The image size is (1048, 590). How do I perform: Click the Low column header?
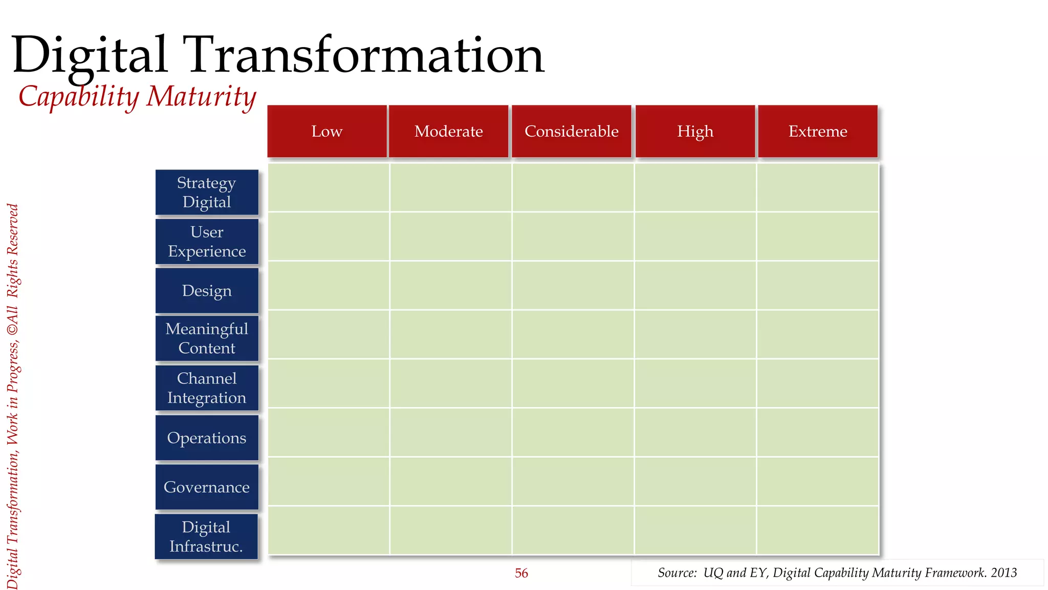pos(327,131)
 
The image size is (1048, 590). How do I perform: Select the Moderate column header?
pos(449,131)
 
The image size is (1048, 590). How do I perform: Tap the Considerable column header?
pos(572,131)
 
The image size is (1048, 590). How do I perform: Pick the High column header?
pos(695,131)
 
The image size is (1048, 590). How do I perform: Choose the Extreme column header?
pos(818,131)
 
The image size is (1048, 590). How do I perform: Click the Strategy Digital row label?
pos(207,192)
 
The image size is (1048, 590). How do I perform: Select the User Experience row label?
pos(207,242)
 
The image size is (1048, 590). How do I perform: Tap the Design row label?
pos(207,290)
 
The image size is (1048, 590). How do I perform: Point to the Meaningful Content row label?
pos(207,339)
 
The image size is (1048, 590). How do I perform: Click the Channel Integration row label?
pos(207,388)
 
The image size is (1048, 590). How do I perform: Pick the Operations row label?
pos(207,438)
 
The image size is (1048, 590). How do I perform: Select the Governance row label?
pos(207,487)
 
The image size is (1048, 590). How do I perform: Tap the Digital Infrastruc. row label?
pos(206,537)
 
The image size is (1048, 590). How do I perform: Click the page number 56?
pos(521,573)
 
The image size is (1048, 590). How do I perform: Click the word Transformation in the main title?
pos(366,55)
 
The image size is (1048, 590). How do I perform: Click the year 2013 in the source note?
pos(1003,573)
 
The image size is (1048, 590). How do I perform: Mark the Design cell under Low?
pos(329,285)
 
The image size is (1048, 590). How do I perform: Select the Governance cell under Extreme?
pos(817,481)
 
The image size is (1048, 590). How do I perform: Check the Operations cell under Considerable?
pos(573,432)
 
